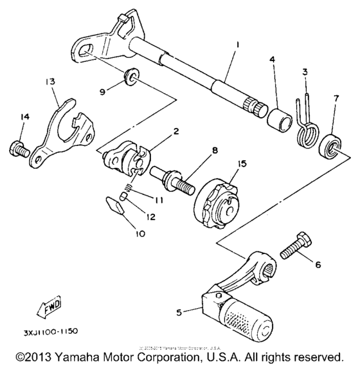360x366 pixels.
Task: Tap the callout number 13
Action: coord(50,82)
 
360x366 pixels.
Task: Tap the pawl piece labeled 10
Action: coord(116,207)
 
